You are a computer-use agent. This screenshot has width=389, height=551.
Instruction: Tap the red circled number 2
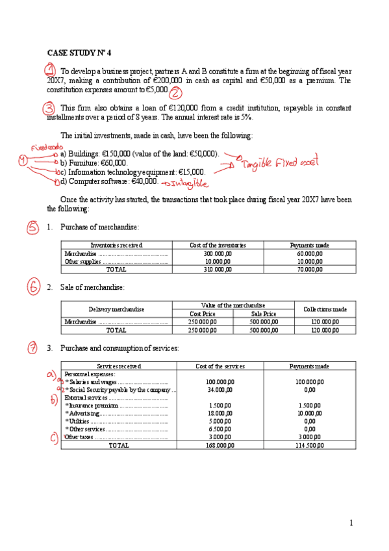[x=175, y=93]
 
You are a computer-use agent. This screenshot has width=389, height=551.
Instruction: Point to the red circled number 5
[x=33, y=227]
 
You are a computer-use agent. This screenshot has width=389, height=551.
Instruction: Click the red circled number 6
[x=34, y=287]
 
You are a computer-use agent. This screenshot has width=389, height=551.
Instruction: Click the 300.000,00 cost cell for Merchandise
[x=218, y=253]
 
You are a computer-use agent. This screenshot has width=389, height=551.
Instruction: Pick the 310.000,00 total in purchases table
[x=218, y=268]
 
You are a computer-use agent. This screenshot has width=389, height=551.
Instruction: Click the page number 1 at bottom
[x=351, y=523]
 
